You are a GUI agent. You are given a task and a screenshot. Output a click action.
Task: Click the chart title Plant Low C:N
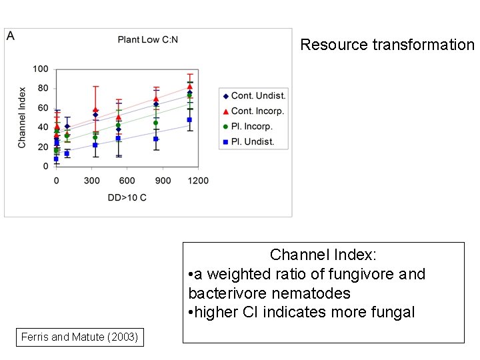[147, 40]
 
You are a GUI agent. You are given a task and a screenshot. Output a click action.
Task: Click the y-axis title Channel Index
[22, 117]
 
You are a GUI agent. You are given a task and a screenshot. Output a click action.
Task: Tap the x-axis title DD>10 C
[127, 198]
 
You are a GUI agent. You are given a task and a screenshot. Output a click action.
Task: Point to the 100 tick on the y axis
[41, 69]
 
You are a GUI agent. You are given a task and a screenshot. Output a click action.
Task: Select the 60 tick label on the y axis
[43, 108]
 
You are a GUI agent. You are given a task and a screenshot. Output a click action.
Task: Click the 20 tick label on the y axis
[43, 147]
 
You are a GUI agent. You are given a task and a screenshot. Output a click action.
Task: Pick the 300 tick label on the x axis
[92, 181]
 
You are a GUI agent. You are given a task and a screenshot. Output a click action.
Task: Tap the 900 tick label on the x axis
[163, 181]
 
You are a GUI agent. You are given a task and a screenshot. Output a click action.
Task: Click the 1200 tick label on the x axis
[198, 181]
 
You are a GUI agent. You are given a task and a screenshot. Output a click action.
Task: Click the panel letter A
[11, 36]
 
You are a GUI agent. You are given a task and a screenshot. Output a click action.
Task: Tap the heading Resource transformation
[387, 45]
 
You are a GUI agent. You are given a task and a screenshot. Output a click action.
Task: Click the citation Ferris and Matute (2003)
[79, 337]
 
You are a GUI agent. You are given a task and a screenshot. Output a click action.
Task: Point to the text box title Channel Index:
[323, 255]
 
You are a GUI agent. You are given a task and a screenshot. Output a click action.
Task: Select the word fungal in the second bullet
[393, 312]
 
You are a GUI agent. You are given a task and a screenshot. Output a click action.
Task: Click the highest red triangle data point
[190, 87]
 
